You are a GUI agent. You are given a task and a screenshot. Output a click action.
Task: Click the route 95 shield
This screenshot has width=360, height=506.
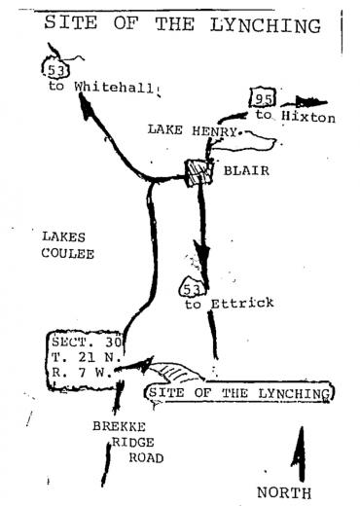pyautogui.click(x=263, y=97)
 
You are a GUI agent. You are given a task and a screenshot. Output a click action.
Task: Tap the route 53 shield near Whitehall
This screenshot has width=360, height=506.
pyautogui.click(x=55, y=70)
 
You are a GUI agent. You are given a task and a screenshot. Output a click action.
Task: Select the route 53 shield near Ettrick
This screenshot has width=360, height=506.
pyautogui.click(x=192, y=286)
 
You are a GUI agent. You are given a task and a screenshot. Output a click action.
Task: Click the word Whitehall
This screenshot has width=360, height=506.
pyautogui.click(x=114, y=87)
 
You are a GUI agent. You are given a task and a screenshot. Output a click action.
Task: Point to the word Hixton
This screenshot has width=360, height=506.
pyautogui.click(x=308, y=117)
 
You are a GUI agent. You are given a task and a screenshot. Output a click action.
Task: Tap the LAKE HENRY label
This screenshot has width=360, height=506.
pyautogui.click(x=193, y=130)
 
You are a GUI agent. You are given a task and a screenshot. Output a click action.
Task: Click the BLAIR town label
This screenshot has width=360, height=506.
pyautogui.click(x=246, y=170)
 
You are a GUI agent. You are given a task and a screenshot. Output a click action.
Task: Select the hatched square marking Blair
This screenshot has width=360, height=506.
pyautogui.click(x=198, y=172)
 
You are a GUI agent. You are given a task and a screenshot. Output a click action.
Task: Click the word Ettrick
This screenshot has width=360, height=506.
pyautogui.click(x=242, y=304)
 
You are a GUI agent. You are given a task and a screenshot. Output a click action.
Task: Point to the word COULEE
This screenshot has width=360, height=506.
pyautogui.click(x=68, y=253)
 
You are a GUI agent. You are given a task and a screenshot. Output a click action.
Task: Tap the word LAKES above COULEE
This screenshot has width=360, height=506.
pyautogui.click(x=63, y=236)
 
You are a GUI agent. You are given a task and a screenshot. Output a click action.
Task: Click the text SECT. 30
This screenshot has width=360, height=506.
pyautogui.click(x=87, y=342)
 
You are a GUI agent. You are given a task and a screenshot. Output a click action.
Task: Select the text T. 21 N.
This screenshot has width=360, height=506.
pyautogui.click(x=87, y=357)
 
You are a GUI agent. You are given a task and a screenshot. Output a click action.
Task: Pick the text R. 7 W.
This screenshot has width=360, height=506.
pyautogui.click(x=82, y=373)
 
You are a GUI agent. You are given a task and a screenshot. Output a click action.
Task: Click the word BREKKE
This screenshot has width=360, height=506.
pyautogui.click(x=119, y=426)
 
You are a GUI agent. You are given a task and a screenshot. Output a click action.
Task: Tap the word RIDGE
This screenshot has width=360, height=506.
pyautogui.click(x=133, y=442)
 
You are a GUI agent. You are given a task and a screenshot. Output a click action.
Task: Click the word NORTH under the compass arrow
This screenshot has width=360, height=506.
pyautogui.click(x=284, y=492)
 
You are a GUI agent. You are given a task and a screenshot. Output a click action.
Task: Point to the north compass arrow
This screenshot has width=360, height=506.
pyautogui.click(x=300, y=453)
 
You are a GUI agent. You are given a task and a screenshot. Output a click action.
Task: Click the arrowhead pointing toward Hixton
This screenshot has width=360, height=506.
pyautogui.click(x=309, y=102)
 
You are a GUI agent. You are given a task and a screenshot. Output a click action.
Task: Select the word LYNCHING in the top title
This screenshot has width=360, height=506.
pyautogui.click(x=266, y=25)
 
